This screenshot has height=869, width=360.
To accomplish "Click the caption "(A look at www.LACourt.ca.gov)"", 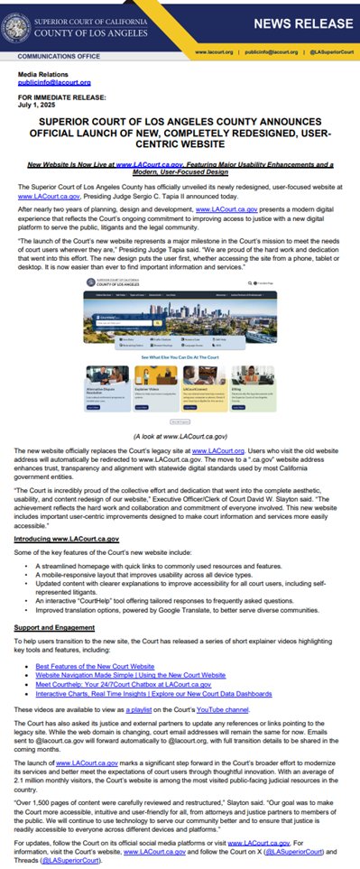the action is point(180,436).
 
